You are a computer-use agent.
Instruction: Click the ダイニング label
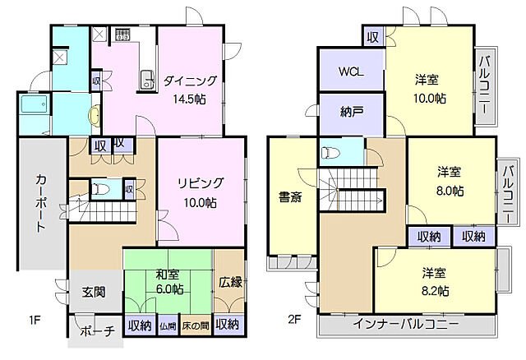point(190,81)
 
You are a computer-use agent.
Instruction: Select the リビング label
point(201,184)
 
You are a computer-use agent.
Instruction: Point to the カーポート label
point(39,201)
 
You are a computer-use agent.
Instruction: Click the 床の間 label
point(196,326)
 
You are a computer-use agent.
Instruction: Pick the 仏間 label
point(168,326)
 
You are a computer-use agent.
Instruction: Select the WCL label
point(351,72)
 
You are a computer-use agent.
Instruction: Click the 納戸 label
point(351,112)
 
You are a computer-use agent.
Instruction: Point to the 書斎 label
point(290,196)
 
